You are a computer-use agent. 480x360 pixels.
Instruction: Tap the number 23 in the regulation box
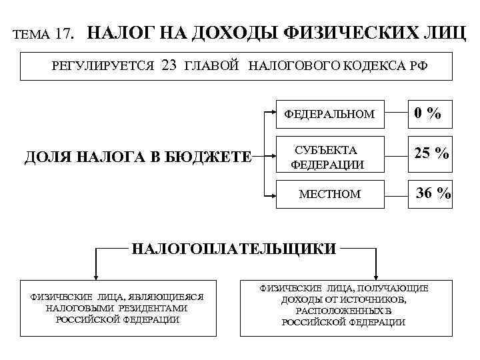coord(169,65)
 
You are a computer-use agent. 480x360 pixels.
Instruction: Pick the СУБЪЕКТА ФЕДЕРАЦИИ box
coord(329,157)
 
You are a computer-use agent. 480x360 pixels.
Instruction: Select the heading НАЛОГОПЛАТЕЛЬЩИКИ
coord(234,249)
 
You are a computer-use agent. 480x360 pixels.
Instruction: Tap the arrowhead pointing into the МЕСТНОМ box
coord(275,196)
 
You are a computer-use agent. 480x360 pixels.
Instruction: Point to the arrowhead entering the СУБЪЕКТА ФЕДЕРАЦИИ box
coord(275,157)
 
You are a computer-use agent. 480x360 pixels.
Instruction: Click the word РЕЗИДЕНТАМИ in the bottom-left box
coord(153,309)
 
